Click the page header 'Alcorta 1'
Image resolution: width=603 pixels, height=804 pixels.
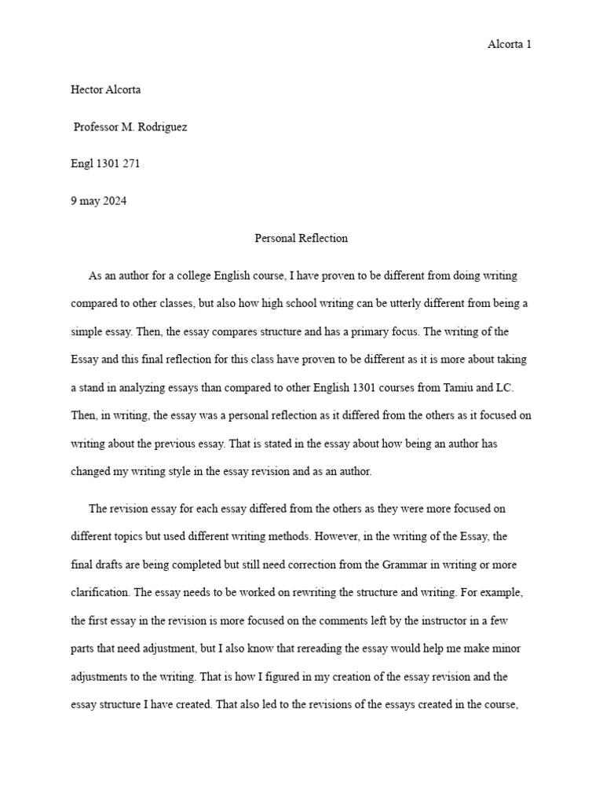pos(510,45)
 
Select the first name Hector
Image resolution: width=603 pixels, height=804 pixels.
pos(87,90)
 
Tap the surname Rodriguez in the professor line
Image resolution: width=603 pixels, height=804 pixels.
pos(160,127)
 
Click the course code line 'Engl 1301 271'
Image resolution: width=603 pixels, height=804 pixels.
pos(106,164)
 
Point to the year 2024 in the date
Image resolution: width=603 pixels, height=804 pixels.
pos(114,201)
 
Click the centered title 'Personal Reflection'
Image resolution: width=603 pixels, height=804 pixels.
pos(301,238)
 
